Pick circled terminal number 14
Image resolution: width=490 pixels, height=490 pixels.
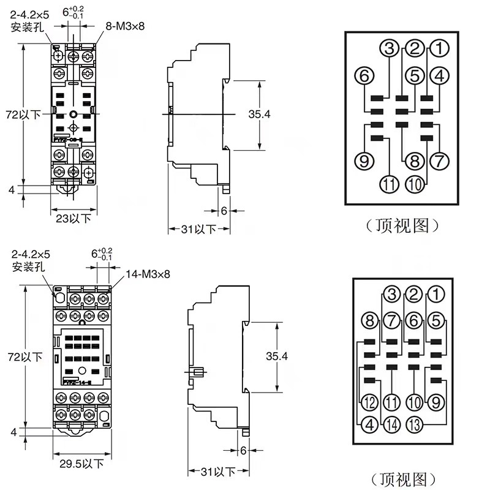pyautogui.click(x=391, y=424)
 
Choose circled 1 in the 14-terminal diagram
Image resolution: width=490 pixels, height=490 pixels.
pyautogui.click(x=435, y=294)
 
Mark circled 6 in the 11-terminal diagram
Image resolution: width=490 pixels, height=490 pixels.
pyautogui.click(x=364, y=76)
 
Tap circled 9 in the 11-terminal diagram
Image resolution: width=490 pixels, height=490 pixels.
pyautogui.click(x=364, y=162)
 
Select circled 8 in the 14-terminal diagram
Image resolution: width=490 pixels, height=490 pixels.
pyautogui.click(x=369, y=320)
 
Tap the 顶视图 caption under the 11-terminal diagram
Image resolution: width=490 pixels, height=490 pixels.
pyautogui.click(x=402, y=225)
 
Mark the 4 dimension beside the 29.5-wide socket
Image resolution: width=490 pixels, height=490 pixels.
pyautogui.click(x=14, y=432)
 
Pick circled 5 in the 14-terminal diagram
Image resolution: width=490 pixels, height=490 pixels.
pyautogui.click(x=435, y=320)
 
